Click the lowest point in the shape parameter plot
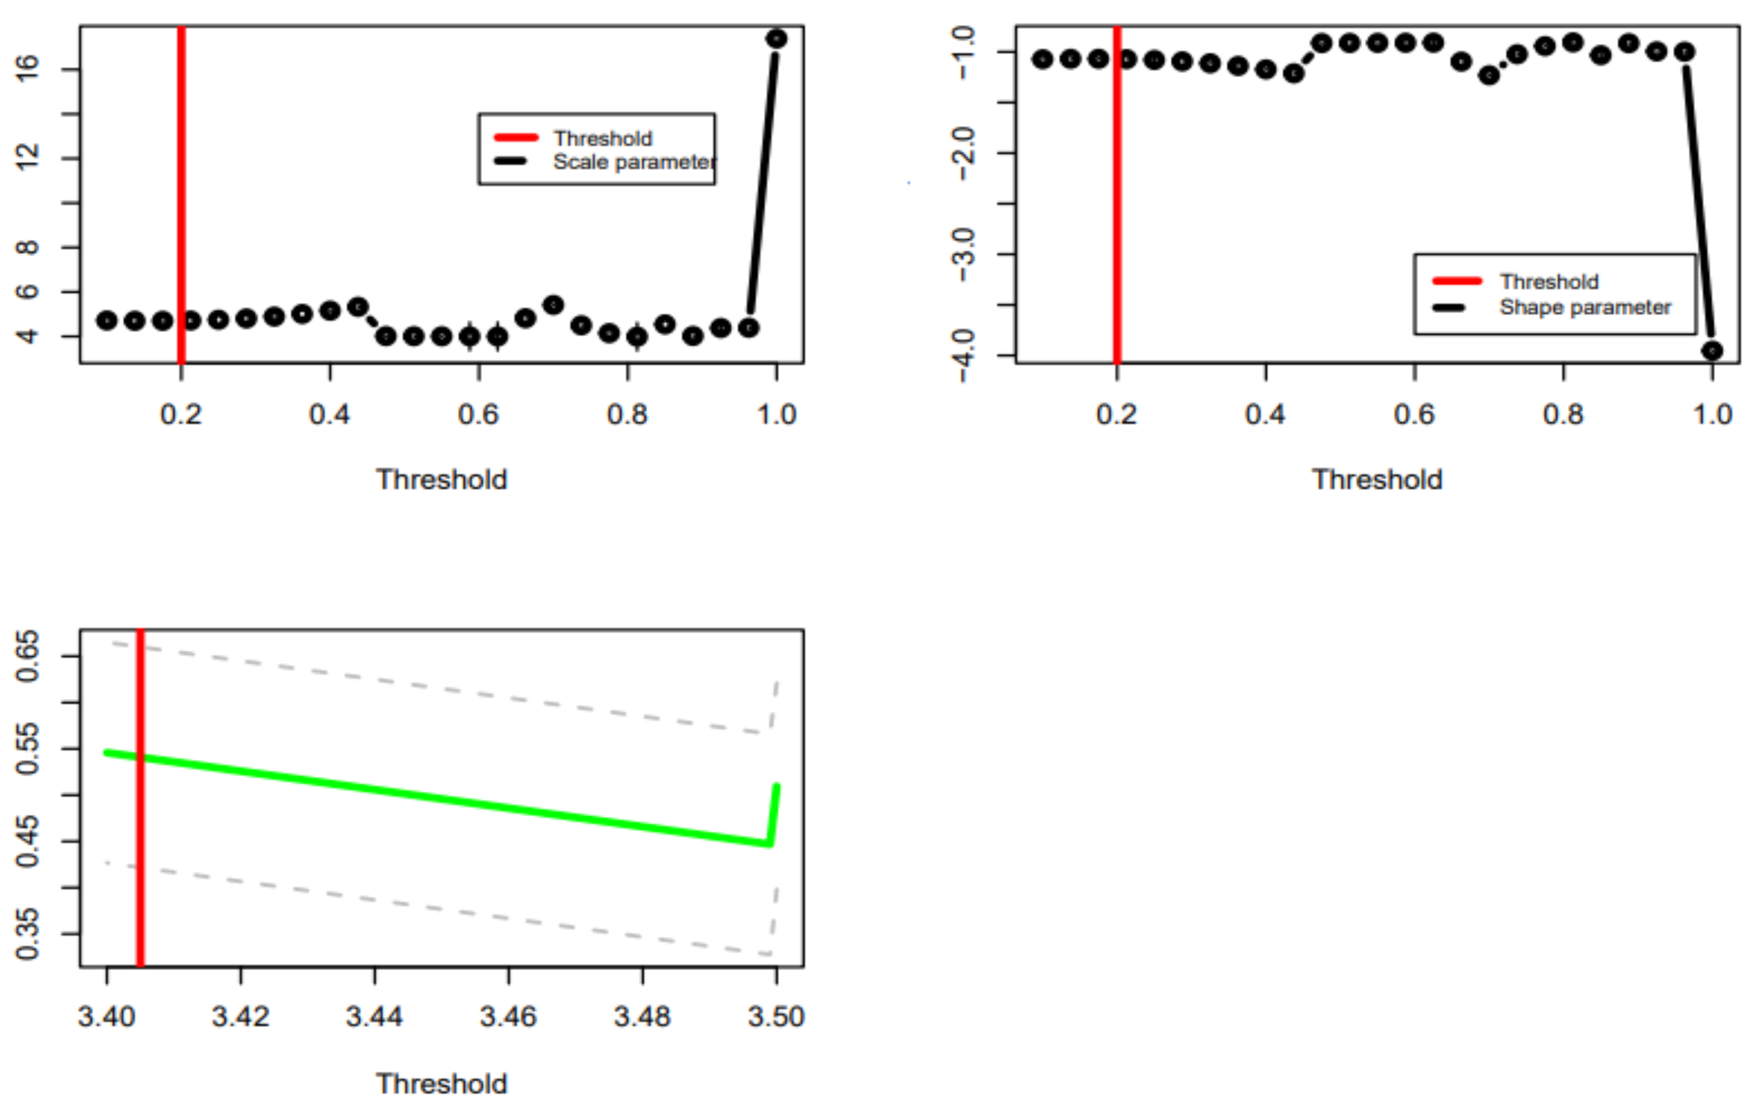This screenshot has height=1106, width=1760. [1712, 351]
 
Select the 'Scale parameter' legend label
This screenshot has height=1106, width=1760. [634, 162]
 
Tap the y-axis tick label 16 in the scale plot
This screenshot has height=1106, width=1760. [27, 69]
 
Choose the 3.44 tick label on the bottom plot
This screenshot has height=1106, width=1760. [374, 1017]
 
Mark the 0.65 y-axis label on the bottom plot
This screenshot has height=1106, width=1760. [27, 656]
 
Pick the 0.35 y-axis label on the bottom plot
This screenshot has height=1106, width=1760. [27, 933]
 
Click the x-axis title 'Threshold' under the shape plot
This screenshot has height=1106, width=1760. [1377, 480]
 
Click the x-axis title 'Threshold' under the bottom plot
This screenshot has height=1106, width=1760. [441, 1084]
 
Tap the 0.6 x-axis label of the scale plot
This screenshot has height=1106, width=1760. [478, 415]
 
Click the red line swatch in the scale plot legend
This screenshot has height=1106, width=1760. [516, 138]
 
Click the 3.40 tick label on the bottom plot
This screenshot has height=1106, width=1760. [107, 1017]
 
